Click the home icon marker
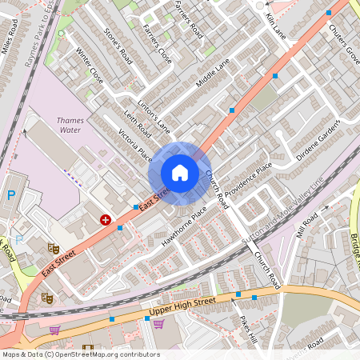click(x=180, y=173)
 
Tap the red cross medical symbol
click(x=105, y=218)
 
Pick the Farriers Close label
click(x=157, y=43)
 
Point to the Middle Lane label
click(x=212, y=72)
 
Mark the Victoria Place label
click(x=134, y=145)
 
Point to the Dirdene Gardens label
click(x=318, y=140)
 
